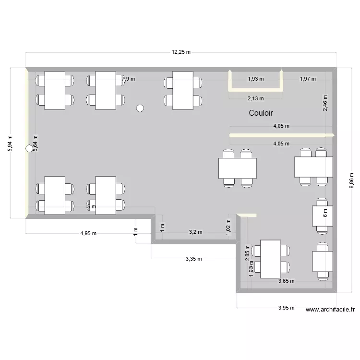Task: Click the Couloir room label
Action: [261, 113]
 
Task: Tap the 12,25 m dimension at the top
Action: [181, 52]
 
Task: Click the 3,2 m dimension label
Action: [195, 232]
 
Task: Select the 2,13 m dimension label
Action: [255, 98]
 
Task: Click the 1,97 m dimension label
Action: [308, 79]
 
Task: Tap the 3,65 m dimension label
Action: [286, 281]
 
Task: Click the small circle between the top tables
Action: [140, 108]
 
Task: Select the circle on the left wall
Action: [29, 149]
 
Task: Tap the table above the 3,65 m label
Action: [271, 259]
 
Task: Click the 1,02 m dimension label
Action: [228, 226]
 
